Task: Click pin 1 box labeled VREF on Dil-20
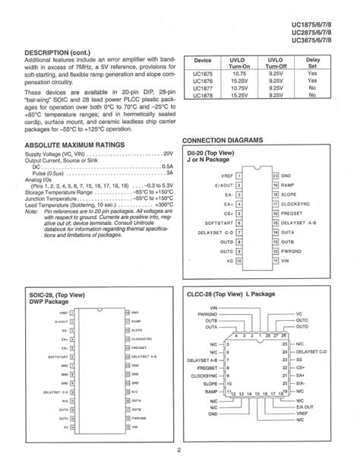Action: pos(239,176)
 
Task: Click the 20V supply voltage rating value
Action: pos(167,153)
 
